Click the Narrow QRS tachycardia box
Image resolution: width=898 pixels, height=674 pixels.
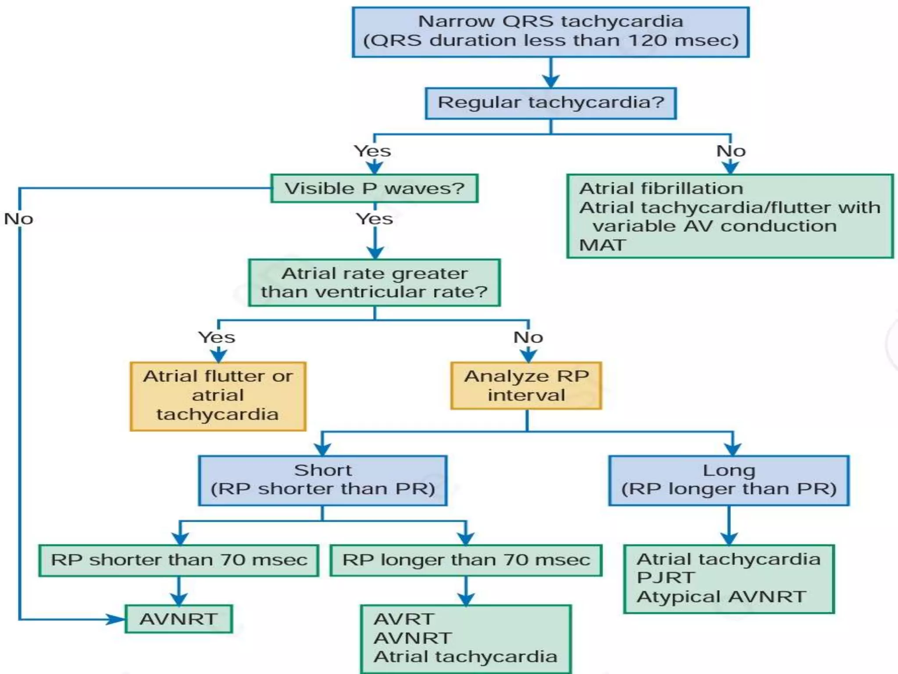coord(550,32)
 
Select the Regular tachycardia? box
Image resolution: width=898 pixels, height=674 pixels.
coord(550,103)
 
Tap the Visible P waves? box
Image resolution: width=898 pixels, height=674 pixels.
coord(374,189)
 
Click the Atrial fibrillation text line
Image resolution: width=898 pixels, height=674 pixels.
coord(661,189)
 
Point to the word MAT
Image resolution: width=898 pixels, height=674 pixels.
coord(602,245)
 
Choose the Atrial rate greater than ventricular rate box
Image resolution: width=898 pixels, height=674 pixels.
coord(374,283)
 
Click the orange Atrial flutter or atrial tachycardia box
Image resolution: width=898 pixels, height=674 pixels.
coord(218,396)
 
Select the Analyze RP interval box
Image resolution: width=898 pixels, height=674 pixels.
coord(526,386)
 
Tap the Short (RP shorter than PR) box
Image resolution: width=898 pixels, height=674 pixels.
coord(323,480)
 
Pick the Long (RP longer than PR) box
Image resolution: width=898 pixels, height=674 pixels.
coord(729,480)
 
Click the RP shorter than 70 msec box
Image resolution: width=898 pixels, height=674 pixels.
coord(179,560)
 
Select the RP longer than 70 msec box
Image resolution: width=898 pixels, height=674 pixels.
coord(466,560)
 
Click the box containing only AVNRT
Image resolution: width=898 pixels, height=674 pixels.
coord(178,619)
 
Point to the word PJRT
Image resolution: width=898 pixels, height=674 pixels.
coord(666,578)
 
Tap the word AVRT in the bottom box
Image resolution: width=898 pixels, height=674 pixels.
coord(404,619)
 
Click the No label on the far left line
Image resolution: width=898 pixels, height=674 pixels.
coord(18,219)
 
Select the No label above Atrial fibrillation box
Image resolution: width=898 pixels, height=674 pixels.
coord(731,151)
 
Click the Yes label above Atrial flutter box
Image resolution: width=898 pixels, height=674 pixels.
coord(217,337)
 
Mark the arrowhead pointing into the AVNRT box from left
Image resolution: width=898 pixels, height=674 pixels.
coord(117,619)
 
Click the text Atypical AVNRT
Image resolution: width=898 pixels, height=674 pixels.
coord(721,597)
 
